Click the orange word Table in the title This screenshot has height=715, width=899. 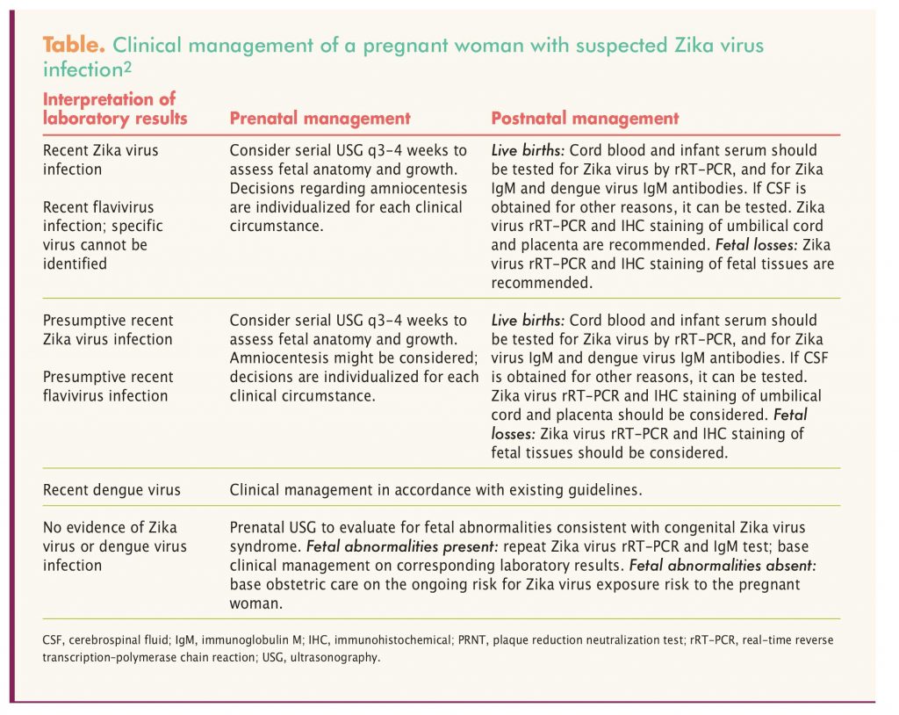tap(73, 46)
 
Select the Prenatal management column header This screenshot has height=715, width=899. tap(320, 118)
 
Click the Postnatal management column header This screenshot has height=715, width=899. tap(585, 118)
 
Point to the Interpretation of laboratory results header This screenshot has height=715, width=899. tap(115, 108)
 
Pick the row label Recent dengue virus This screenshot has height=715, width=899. tap(111, 489)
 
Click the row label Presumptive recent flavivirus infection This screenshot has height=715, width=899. tap(108, 386)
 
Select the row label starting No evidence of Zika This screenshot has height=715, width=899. tap(110, 546)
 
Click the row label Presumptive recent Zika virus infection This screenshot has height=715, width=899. tap(108, 329)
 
